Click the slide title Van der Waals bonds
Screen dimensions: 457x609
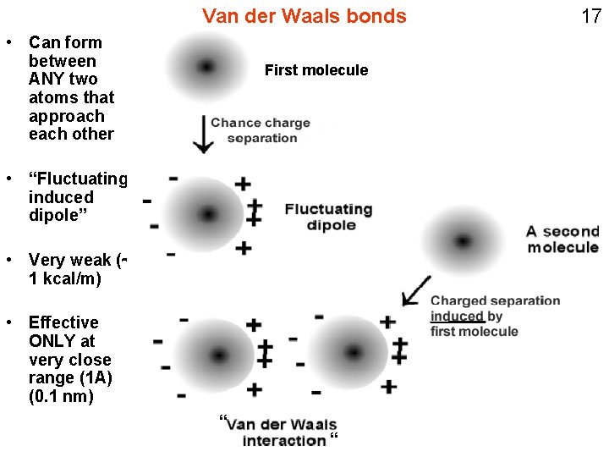pyautogui.click(x=304, y=16)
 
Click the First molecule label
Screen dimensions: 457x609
pyautogui.click(x=316, y=70)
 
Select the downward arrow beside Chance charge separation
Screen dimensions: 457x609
pyautogui.click(x=202, y=134)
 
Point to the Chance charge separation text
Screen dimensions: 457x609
pyautogui.click(x=261, y=130)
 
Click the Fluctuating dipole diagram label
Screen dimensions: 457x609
pyautogui.click(x=329, y=217)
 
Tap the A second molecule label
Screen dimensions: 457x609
pyautogui.click(x=562, y=239)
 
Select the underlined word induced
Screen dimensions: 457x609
pyautogui.click(x=457, y=317)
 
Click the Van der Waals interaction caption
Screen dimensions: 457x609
pyautogui.click(x=282, y=432)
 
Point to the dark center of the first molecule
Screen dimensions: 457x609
pyautogui.click(x=206, y=66)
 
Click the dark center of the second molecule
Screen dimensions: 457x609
pyautogui.click(x=463, y=241)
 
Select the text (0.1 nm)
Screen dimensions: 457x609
pyautogui.click(x=61, y=396)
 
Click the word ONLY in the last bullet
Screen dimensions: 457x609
pyautogui.click(x=51, y=341)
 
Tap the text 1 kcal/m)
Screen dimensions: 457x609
pyautogui.click(x=64, y=278)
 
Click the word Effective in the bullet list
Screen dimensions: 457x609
pyautogui.click(x=63, y=322)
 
